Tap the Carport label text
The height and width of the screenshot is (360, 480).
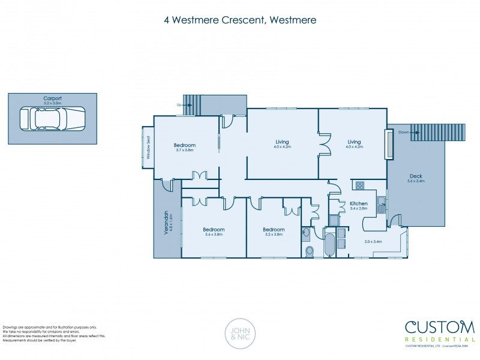coord(52,98)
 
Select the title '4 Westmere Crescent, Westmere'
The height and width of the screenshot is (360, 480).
coord(240,20)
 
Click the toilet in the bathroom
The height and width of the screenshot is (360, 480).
coord(310,251)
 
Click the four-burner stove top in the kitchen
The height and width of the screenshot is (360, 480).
coord(359,185)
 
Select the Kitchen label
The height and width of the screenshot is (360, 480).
coord(359,204)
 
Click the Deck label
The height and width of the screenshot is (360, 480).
coord(415,176)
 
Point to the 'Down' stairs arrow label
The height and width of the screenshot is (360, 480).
coord(403,132)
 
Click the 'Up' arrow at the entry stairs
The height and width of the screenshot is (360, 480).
coord(179,105)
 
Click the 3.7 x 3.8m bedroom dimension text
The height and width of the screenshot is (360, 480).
coord(185,150)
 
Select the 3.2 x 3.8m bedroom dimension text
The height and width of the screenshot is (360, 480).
coord(273,235)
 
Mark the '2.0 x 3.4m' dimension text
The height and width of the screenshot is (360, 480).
coord(373,241)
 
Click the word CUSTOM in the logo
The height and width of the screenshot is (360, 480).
coord(439,328)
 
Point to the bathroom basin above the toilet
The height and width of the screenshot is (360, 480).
coord(306,232)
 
